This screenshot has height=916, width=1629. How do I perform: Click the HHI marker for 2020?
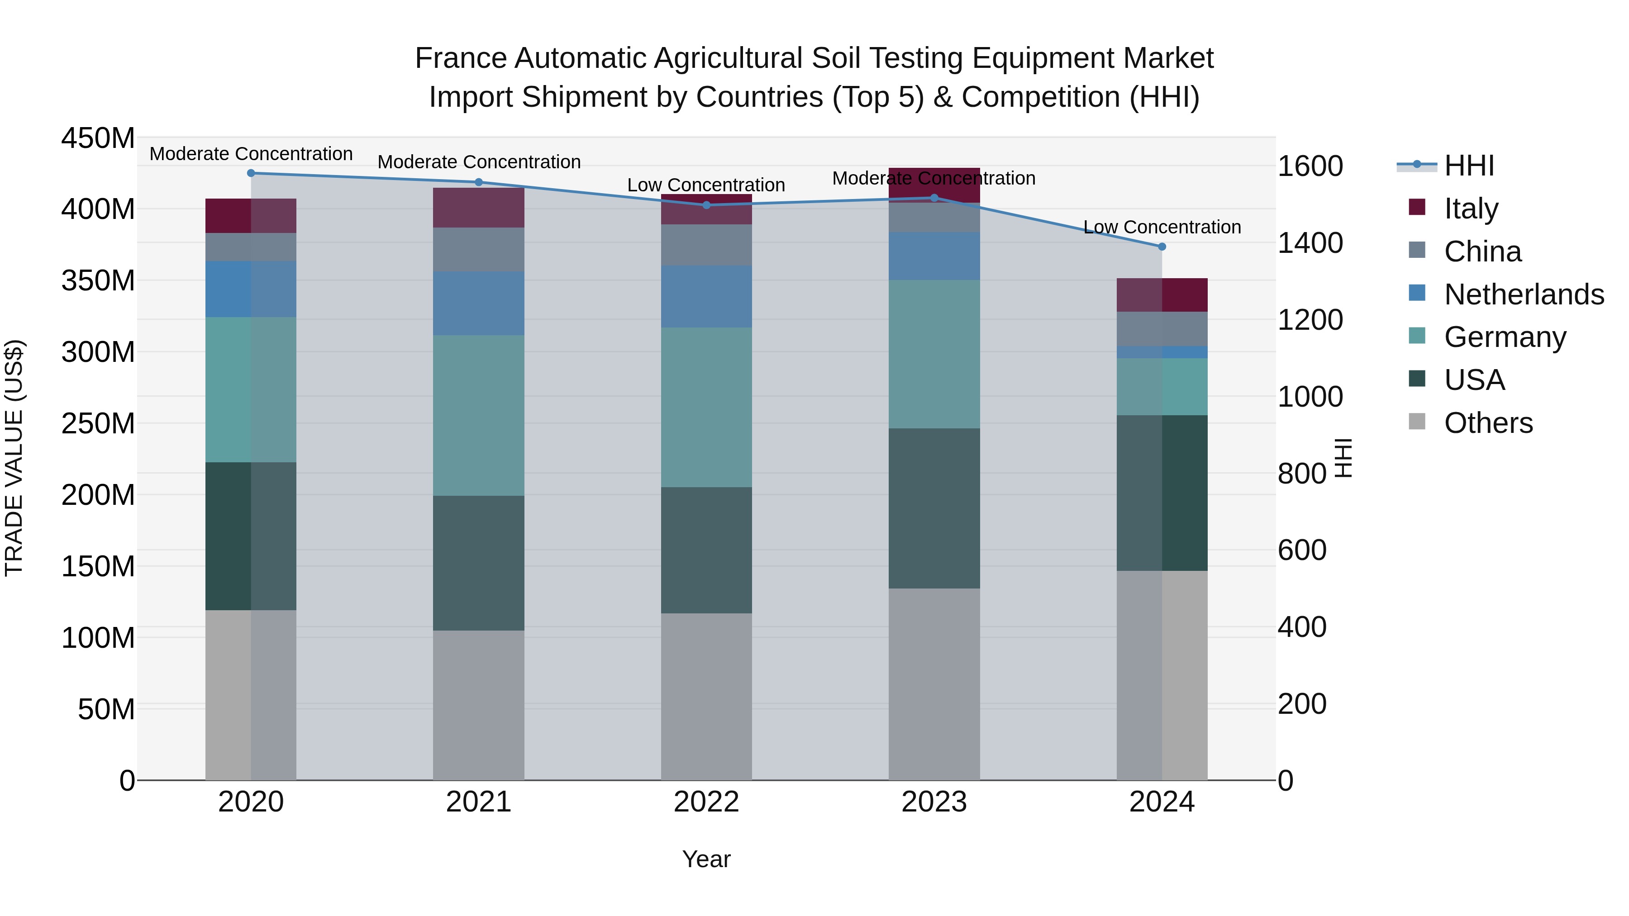click(x=251, y=173)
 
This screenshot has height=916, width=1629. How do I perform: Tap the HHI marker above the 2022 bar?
click(x=706, y=205)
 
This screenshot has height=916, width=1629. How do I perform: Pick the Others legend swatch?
click(x=1417, y=422)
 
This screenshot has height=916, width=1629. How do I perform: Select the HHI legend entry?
click(x=1469, y=166)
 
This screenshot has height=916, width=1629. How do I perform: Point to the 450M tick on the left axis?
click(x=98, y=138)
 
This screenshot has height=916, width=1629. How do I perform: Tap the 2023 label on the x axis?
click(x=934, y=802)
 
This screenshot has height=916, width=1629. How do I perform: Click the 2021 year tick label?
click(x=479, y=802)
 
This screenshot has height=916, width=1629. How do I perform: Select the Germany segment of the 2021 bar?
click(x=479, y=415)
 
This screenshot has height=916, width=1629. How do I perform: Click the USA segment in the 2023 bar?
click(x=934, y=508)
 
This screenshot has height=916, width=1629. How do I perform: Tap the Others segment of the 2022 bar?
click(x=706, y=696)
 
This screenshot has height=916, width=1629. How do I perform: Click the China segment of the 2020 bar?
click(x=251, y=247)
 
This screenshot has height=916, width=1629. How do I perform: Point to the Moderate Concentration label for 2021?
click(x=479, y=162)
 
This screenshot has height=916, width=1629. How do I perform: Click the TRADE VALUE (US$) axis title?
click(x=14, y=458)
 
